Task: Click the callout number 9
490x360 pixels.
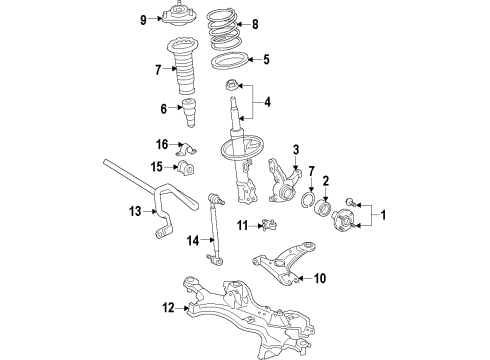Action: (x=144, y=19)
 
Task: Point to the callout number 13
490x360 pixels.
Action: (x=135, y=210)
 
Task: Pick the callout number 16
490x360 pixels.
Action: (x=161, y=145)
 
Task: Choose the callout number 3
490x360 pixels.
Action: (x=297, y=150)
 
